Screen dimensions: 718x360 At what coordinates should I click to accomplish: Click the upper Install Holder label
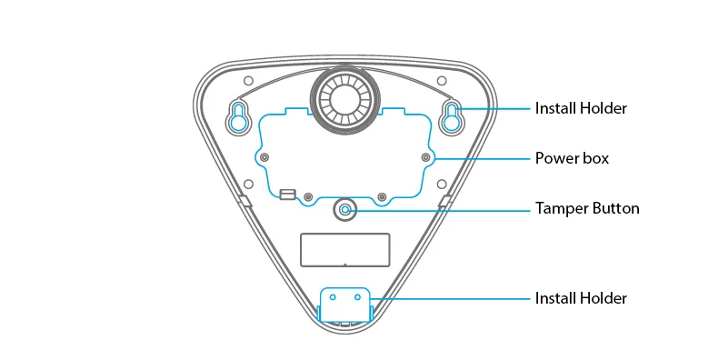tap(581, 108)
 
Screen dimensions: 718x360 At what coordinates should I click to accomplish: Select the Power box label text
tap(572, 158)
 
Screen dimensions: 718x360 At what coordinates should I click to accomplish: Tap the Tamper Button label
tap(587, 208)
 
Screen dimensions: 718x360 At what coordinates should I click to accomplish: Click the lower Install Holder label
tap(581, 298)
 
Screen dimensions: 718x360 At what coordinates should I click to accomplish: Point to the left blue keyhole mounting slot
tap(238, 116)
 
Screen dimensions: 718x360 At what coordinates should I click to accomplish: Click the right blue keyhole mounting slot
tap(452, 116)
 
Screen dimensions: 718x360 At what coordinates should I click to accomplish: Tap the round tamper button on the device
tap(345, 210)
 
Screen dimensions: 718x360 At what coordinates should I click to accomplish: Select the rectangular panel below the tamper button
tap(344, 250)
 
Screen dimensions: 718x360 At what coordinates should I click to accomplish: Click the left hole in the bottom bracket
tap(333, 297)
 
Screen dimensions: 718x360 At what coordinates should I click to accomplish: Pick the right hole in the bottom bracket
tap(357, 297)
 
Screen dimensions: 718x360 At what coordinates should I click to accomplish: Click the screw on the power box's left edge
tap(264, 157)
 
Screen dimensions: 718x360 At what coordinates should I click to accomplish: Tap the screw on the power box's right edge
tap(426, 157)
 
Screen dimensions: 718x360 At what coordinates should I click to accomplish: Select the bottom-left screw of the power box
tap(308, 197)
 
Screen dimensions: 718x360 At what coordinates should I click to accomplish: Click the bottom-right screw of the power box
tap(382, 197)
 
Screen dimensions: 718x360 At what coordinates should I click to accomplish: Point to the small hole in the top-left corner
tap(249, 81)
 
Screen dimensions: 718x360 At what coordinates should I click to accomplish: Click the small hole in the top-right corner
tap(442, 81)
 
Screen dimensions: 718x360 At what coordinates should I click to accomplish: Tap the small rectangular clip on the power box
tap(286, 195)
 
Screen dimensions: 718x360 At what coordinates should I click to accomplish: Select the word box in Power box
tap(596, 158)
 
